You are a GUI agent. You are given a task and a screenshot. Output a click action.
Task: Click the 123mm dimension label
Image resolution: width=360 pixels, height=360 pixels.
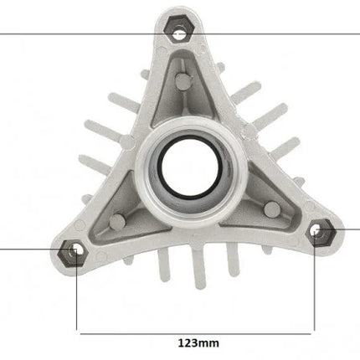(x=198, y=342)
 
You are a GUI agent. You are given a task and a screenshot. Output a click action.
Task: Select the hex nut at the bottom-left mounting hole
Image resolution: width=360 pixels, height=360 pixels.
(x=73, y=253)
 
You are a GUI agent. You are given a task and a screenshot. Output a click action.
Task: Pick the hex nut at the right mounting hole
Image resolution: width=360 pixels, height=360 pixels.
(x=321, y=233)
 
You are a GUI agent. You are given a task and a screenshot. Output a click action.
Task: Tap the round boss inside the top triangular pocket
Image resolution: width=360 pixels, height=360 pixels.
(x=184, y=81)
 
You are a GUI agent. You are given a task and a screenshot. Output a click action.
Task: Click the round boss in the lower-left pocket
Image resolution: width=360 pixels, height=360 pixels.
(x=118, y=222)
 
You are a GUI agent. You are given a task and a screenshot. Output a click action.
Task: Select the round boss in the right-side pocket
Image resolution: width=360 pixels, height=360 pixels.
(x=272, y=209)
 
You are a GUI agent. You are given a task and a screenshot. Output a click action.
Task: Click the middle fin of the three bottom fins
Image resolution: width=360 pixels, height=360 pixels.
(x=198, y=269)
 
